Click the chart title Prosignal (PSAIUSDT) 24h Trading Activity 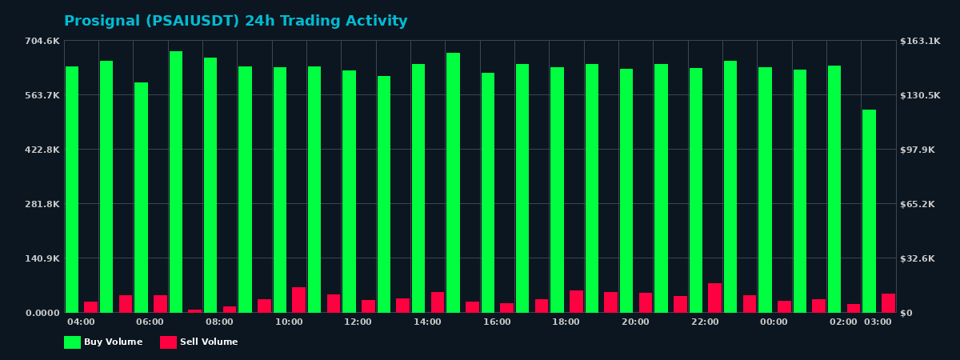click(235, 22)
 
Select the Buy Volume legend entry click(103, 342)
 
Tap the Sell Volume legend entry click(199, 342)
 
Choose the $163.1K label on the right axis click(920, 41)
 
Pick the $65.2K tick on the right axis click(918, 204)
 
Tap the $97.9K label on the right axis click(918, 150)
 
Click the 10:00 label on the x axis click(289, 322)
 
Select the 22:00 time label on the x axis click(705, 322)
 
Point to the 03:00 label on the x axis click(878, 322)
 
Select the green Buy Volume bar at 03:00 click(869, 211)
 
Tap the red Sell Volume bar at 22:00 click(714, 298)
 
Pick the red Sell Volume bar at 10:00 click(298, 300)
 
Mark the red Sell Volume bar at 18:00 click(576, 302)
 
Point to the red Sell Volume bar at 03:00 click(888, 303)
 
